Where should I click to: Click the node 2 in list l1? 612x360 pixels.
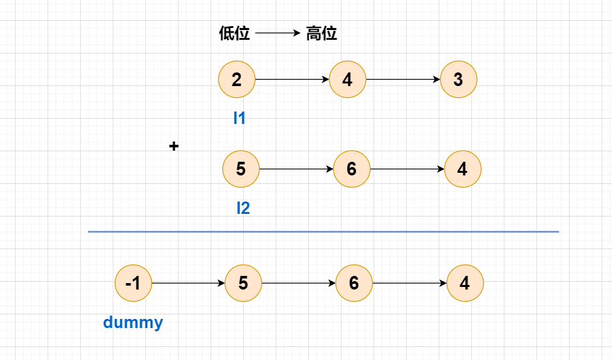[237, 80]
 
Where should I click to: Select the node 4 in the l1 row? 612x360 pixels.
[347, 80]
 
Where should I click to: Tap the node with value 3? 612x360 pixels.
[458, 80]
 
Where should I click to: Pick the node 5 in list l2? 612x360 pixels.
[240, 169]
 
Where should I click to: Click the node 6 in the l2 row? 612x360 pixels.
[351, 169]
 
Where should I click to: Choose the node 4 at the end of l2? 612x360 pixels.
[462, 169]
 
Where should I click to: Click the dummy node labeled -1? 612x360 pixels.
[132, 283]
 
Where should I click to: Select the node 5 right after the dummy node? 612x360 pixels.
[243, 283]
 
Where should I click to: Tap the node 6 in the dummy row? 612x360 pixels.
[354, 283]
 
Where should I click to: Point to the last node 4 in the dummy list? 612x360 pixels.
[465, 283]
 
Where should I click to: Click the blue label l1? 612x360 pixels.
[239, 118]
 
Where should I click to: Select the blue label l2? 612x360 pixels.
[242, 208]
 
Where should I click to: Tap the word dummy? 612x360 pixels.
[133, 322]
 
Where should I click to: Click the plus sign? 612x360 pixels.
[173, 146]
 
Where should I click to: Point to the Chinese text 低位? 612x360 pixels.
[235, 33]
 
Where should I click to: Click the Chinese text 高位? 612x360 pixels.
[321, 33]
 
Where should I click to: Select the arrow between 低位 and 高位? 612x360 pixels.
[278, 33]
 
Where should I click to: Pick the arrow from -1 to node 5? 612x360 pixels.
[188, 283]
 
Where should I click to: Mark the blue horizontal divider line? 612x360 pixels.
[323, 232]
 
